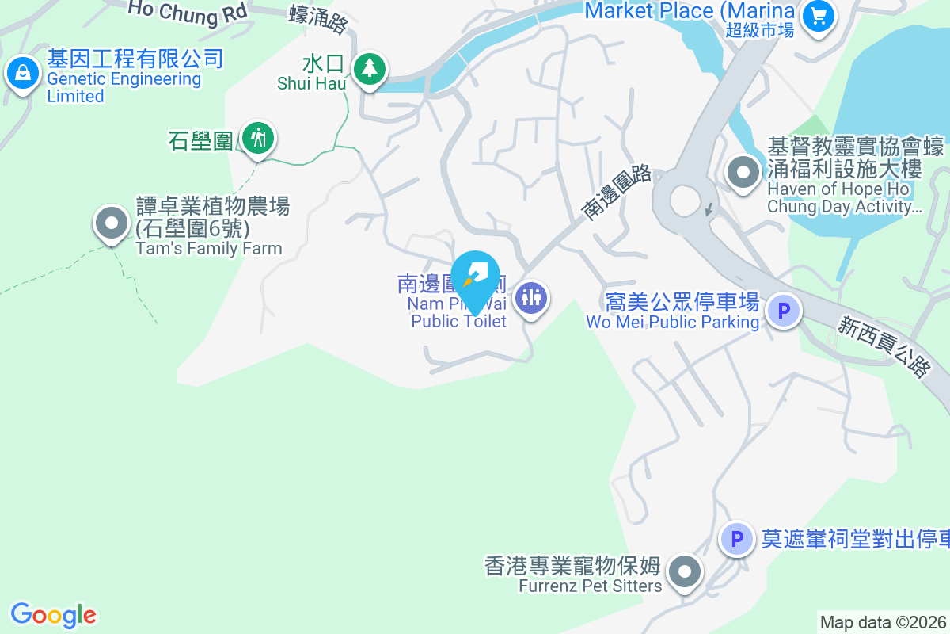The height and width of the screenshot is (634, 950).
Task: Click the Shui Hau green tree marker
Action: click(368, 69)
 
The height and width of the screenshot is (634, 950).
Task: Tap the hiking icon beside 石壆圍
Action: click(257, 139)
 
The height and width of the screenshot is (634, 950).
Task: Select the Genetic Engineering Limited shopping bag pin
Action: click(22, 74)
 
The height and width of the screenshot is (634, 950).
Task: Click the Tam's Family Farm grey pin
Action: click(112, 223)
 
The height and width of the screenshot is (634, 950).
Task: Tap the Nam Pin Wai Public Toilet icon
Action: click(531, 298)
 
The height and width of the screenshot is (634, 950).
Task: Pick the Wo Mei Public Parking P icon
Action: click(785, 311)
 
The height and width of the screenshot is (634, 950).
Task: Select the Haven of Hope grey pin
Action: click(743, 173)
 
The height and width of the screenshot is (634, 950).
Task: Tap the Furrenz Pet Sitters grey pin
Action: click(685, 571)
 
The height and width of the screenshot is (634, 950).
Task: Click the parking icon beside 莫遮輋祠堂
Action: click(737, 539)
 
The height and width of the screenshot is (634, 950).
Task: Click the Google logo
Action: click(53, 615)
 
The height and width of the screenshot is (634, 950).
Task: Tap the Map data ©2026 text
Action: click(883, 622)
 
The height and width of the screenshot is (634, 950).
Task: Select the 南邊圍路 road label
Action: click(616, 192)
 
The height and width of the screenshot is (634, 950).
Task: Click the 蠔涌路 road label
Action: click(319, 18)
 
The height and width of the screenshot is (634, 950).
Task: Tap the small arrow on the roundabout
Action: click(709, 210)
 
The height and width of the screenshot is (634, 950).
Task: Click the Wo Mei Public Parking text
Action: click(672, 322)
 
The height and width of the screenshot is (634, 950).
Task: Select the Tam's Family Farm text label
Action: click(209, 248)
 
